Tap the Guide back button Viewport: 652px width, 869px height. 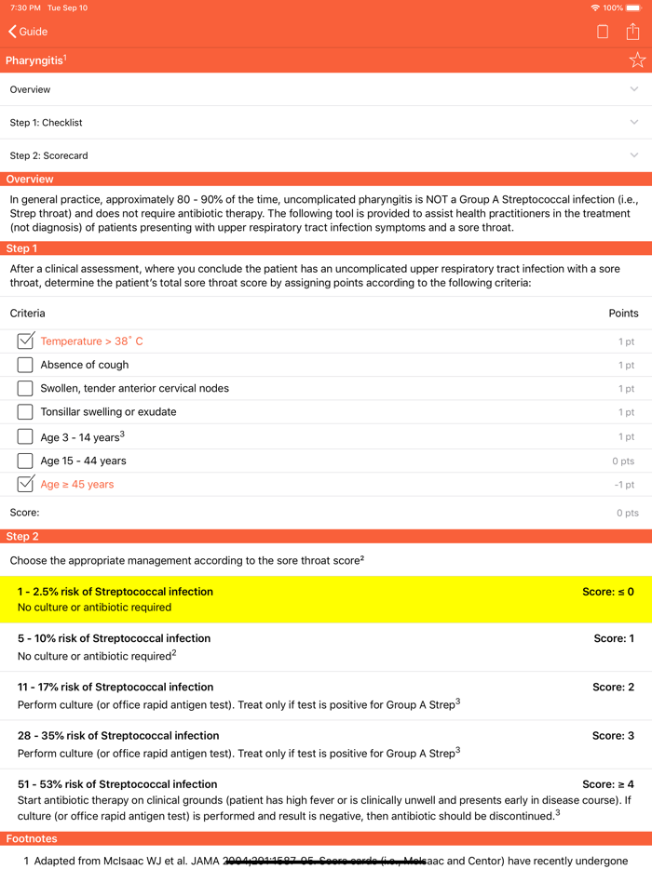28,32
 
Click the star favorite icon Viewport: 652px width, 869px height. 637,60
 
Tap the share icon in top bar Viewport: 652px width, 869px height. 633,32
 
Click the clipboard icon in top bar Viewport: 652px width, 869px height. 603,32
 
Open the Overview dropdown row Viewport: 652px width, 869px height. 326,89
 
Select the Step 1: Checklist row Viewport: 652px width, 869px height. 326,123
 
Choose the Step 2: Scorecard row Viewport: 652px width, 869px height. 326,155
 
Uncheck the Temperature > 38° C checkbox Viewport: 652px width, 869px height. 25,341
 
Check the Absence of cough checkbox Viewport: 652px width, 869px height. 25,365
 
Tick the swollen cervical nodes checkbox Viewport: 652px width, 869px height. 25,389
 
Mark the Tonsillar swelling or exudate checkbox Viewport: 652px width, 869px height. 25,412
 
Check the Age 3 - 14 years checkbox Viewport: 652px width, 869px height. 25,436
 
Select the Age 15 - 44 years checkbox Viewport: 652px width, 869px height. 25,461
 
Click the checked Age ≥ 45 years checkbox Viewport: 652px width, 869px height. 25,484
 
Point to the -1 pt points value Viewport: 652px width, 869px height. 625,485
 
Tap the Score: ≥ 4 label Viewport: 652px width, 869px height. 607,784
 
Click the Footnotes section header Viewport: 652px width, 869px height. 32,838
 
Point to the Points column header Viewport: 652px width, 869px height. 623,314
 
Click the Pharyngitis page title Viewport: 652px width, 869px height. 35,60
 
